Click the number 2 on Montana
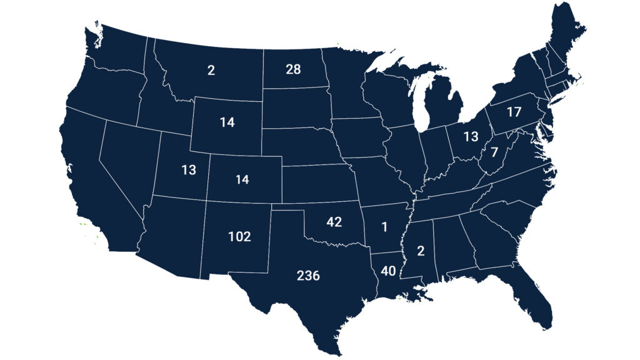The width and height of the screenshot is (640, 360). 211,70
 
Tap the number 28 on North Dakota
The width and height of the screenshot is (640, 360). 293,69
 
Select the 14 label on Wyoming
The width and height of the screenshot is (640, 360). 227,122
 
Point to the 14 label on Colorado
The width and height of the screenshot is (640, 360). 242,180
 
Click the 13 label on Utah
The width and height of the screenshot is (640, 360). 189,170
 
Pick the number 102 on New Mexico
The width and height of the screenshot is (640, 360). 239,237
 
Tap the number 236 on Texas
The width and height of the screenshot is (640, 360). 308,276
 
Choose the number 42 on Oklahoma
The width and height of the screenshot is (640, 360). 334,222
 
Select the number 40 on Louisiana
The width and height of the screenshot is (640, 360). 389,271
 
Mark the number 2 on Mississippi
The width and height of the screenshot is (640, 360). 420,251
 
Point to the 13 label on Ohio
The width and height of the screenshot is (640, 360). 471,136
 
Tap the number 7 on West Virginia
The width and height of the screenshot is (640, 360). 494,152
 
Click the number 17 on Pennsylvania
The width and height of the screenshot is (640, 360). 514,113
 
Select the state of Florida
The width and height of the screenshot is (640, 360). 531,300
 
